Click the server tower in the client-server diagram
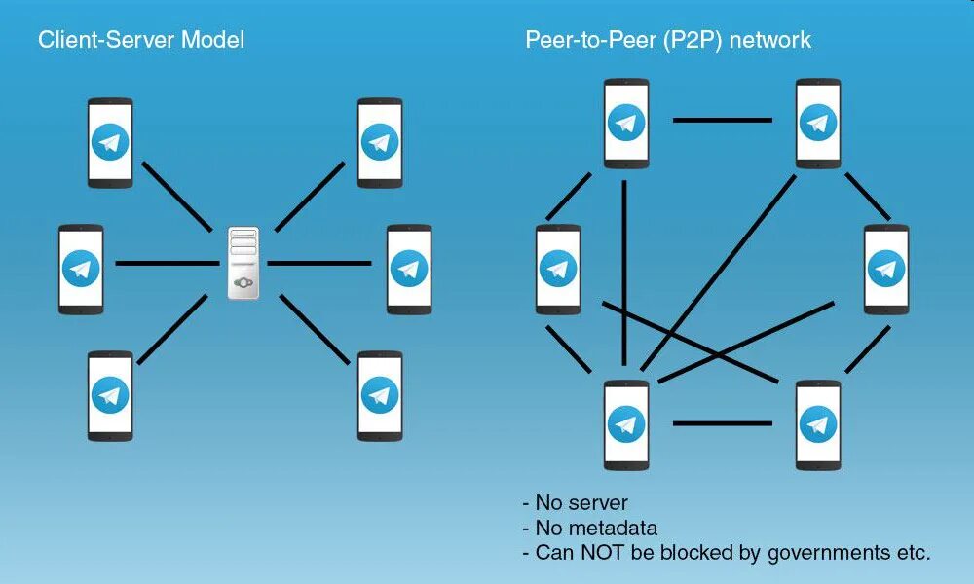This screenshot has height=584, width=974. pos(243,263)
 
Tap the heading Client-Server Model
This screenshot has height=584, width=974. pos(141,40)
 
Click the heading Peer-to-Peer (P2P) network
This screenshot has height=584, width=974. pos(668,40)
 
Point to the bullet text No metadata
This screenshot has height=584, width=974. pos(596,528)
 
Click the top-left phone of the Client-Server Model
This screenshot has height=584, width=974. pos(110,142)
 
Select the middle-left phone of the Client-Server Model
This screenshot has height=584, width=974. pos(81,269)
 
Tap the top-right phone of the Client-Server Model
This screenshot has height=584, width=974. pos(380,142)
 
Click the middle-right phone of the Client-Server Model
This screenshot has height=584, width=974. pos(409,269)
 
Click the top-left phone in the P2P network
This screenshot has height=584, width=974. pos(626,123)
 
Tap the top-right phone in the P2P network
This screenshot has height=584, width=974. pos(818,123)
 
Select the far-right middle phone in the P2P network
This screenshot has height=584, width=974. pos(886,269)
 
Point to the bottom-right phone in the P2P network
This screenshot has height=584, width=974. pos(818,424)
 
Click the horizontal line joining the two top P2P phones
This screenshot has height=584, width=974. pos(722,121)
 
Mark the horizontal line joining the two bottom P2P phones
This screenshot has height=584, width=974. pos(722,423)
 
